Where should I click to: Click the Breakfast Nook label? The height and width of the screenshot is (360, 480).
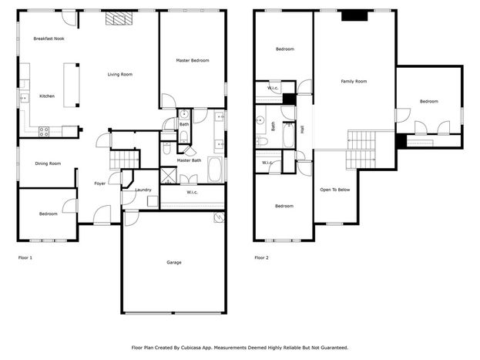click(49, 39)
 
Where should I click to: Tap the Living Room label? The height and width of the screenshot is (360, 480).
click(120, 74)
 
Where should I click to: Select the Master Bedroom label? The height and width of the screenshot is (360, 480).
click(193, 60)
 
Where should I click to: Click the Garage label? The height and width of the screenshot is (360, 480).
click(174, 262)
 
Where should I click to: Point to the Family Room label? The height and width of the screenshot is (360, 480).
click(354, 81)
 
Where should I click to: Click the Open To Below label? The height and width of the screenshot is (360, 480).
click(335, 190)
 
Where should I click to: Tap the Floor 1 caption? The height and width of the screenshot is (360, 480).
click(25, 257)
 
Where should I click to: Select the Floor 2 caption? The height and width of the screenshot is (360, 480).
click(261, 257)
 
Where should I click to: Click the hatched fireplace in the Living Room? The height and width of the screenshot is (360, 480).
click(119, 19)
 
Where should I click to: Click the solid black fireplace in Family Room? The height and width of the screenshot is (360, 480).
click(354, 15)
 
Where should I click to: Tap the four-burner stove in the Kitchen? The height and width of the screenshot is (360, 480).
click(44, 132)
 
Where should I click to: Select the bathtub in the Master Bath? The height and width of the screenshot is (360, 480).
click(215, 170)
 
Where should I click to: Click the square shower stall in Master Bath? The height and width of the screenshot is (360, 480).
click(169, 176)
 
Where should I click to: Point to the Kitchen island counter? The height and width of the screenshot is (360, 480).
click(72, 85)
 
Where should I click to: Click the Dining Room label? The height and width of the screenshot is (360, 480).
click(48, 163)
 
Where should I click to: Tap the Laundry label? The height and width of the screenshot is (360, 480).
click(143, 190)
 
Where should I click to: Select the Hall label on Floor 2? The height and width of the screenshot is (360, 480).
click(303, 130)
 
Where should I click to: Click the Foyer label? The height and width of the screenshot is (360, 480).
click(100, 183)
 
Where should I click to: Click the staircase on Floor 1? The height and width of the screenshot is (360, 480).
click(124, 160)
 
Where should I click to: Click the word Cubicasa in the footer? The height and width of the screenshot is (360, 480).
click(191, 348)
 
